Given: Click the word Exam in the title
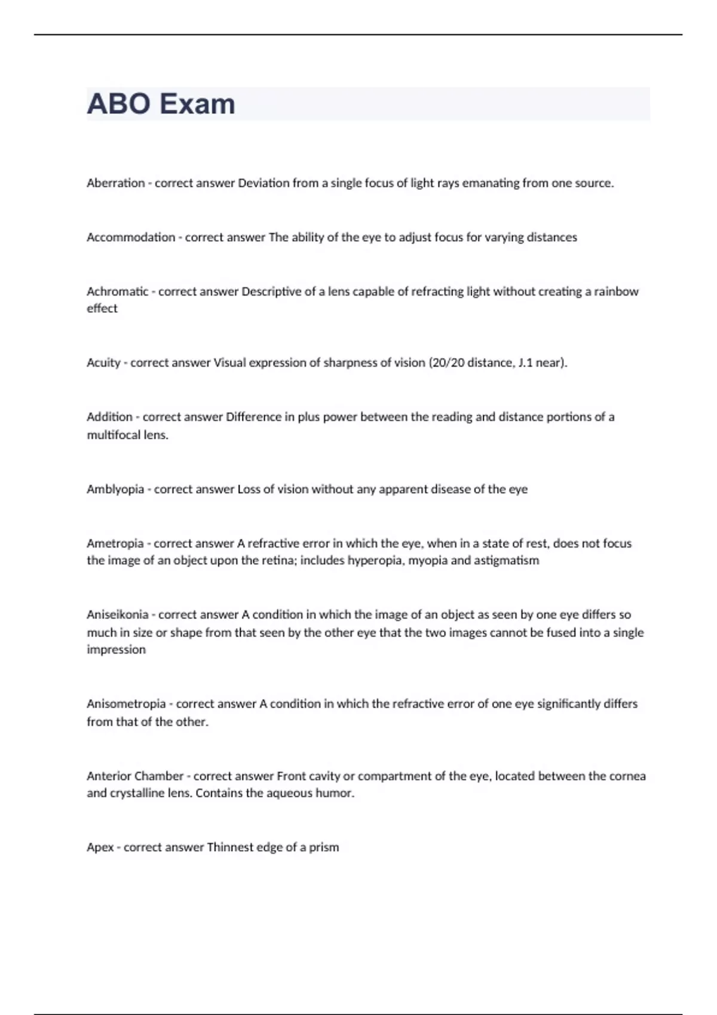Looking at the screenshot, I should coord(197,104).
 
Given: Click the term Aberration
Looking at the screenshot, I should coord(115,183).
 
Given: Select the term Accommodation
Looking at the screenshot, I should coord(131,238).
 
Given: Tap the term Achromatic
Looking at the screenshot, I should coord(117,292).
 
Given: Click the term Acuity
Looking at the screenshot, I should coord(103,363).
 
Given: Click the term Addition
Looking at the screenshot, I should coord(109,417).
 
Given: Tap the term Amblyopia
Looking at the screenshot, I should coord(115,490).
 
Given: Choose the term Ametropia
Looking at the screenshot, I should coord(115,544).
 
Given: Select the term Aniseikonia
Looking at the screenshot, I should coord(117,615).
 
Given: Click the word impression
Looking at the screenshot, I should coord(116,650).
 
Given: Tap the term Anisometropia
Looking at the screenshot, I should coord(126,704).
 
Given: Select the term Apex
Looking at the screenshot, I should coord(100,848).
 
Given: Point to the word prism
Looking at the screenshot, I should coord(324,848).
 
